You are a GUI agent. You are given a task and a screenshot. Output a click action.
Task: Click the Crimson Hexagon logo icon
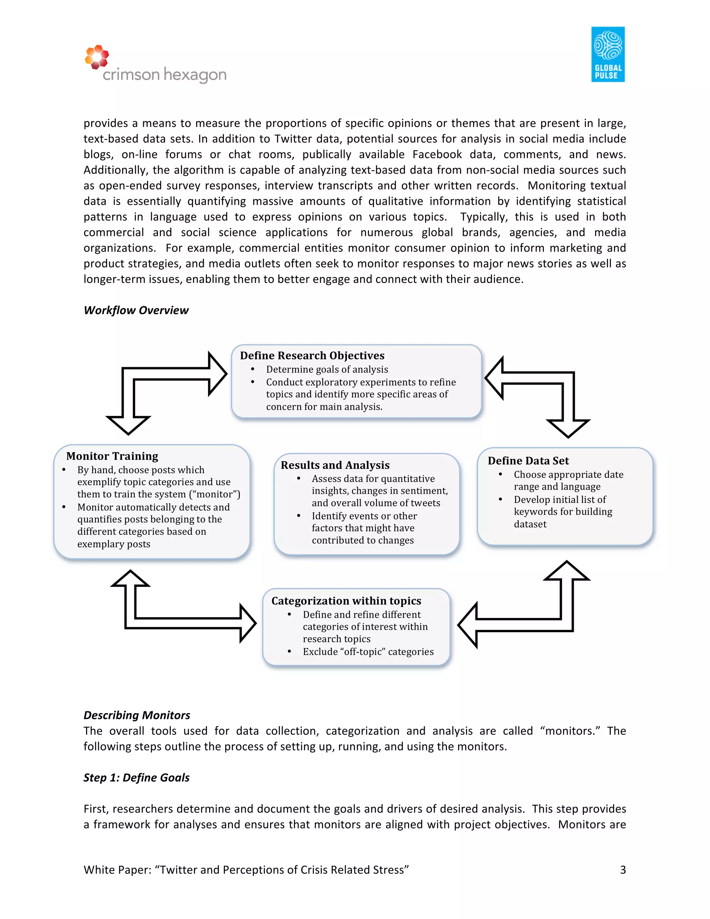pos(97,57)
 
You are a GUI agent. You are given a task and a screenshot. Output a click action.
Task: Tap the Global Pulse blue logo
pos(607,54)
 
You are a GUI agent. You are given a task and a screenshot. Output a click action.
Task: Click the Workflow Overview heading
pos(136,310)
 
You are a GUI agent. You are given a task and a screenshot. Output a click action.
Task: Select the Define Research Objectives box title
pos(312,355)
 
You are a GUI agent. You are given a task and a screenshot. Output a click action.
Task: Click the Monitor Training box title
pos(112,456)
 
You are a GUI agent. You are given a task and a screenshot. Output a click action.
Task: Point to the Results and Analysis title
pos(335,465)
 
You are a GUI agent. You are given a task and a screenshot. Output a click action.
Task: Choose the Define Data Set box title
pos(528,461)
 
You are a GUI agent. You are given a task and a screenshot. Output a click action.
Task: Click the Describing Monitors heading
pos(137,715)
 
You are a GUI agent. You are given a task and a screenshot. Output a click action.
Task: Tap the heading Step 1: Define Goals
pos(136,778)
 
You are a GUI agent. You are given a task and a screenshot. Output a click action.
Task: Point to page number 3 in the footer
pos(623,870)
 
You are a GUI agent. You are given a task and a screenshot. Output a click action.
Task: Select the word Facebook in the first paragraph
pos(436,154)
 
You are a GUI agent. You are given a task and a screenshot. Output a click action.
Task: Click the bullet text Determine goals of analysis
pos(327,369)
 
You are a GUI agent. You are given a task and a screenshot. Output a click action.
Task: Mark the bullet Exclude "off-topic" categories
pos(368,652)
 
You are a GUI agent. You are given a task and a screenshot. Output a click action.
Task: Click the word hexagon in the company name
pos(195,75)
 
